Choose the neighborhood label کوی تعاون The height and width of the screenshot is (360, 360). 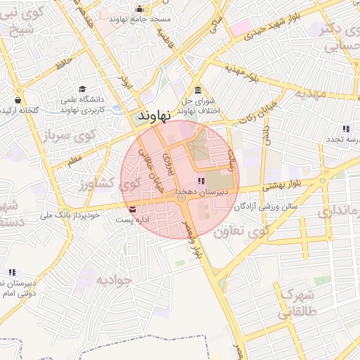tap(241, 231)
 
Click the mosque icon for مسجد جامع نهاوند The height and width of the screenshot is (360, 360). tap(139, 8)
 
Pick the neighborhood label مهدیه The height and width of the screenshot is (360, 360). tap(311, 93)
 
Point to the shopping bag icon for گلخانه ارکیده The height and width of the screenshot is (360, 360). tap(17, 100)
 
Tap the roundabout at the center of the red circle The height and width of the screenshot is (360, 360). tap(181, 199)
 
